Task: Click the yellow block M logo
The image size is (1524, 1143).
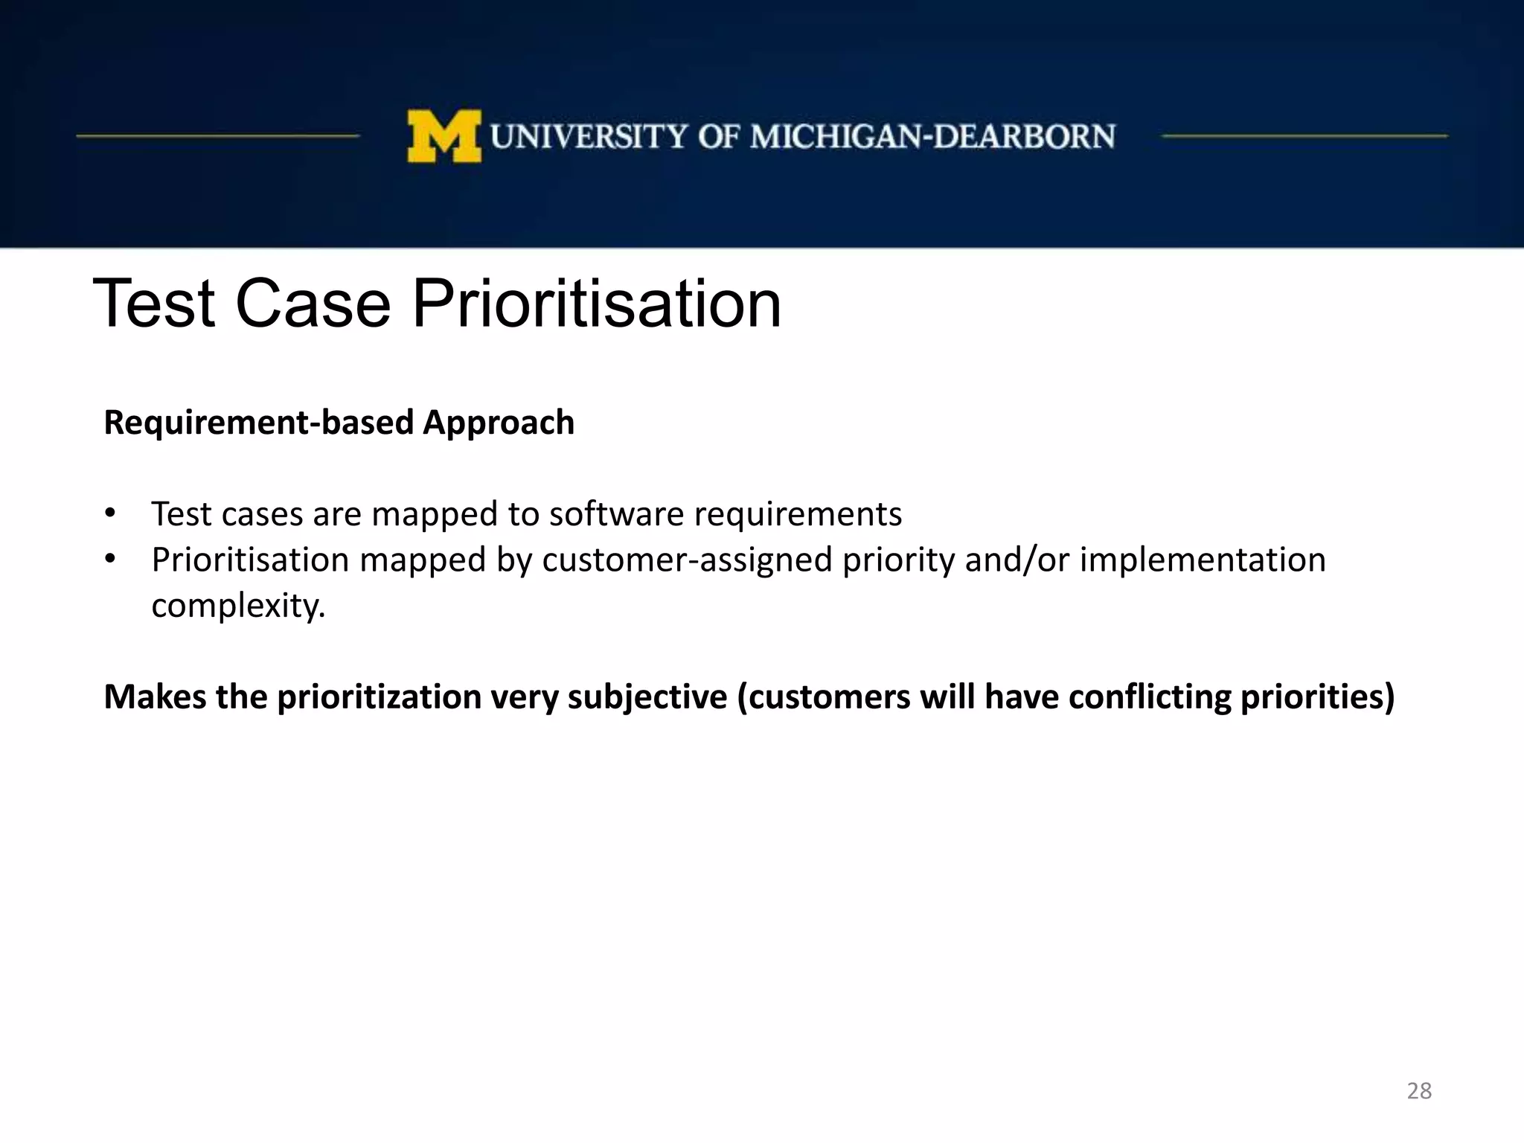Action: click(444, 136)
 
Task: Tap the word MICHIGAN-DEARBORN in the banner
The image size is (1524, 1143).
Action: click(932, 137)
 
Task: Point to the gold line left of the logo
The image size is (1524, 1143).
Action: click(217, 136)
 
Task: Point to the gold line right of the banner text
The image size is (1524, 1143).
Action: click(1304, 136)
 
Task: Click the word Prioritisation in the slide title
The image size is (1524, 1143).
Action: click(596, 304)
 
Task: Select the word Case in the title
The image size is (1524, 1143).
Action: click(313, 304)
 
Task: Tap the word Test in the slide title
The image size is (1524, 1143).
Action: click(154, 304)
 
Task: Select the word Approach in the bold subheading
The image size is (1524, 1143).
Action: click(499, 423)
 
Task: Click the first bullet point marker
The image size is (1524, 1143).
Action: click(110, 513)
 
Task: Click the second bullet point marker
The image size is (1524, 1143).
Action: click(110, 559)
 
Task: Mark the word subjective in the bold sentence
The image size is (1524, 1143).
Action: click(647, 697)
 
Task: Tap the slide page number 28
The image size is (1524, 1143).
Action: click(1419, 1091)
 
